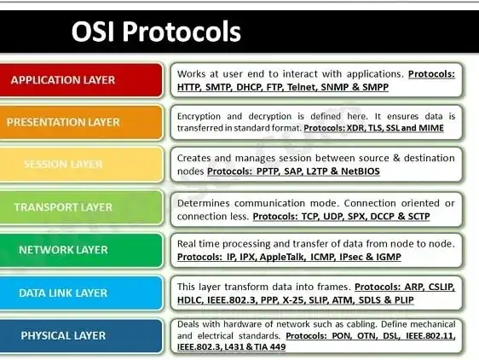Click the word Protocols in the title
pos(182,32)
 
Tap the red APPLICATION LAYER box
pos(81,80)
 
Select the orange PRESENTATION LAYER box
pos(81,122)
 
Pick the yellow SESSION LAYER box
pos(81,165)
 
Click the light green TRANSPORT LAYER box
pos(81,207)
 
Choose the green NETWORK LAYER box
pos(81,250)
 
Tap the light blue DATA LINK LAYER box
pos(81,293)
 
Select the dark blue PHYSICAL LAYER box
pos(81,336)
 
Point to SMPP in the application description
pos(375,87)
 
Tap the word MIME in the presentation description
pos(431,128)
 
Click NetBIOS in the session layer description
pos(361,171)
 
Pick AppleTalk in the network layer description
pos(283,258)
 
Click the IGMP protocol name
pos(389,257)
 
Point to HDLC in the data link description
pos(190,300)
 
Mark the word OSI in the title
pos(93,32)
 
